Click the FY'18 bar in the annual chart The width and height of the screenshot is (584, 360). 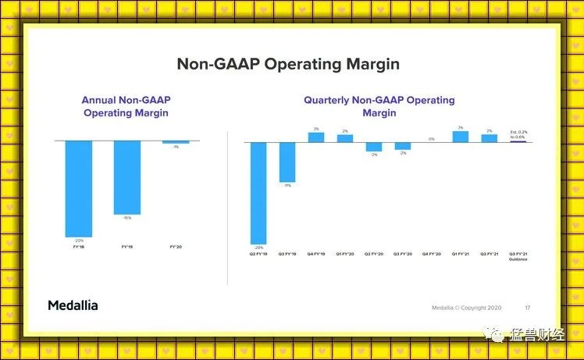[x=79, y=188]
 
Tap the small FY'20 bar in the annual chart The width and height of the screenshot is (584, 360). [x=176, y=142]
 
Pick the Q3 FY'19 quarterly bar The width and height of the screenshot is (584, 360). [x=287, y=162]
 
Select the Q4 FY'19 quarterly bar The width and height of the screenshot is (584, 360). [x=316, y=137]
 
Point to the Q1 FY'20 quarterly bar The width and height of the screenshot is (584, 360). [x=345, y=138]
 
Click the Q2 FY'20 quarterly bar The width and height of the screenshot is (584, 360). [x=374, y=147]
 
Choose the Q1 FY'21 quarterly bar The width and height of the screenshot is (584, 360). [x=461, y=137]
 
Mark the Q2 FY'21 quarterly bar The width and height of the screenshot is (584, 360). [x=490, y=138]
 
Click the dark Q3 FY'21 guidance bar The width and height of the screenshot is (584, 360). [x=518, y=141]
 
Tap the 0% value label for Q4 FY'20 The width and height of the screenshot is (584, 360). [x=432, y=139]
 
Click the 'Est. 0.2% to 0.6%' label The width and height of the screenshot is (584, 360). [x=518, y=134]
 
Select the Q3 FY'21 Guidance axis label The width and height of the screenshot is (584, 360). [x=518, y=256]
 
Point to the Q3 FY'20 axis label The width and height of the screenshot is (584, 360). [x=403, y=254]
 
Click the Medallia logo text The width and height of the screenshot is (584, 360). [x=73, y=305]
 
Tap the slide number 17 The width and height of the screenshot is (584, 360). [x=528, y=307]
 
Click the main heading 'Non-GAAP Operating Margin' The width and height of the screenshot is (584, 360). [x=288, y=64]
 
